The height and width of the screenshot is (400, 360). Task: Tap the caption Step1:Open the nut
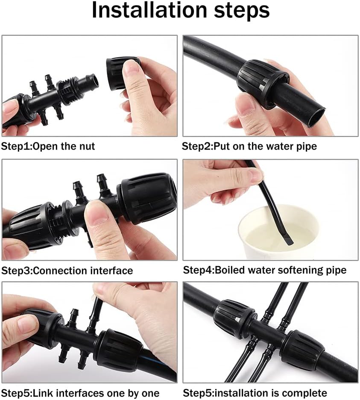(48, 147)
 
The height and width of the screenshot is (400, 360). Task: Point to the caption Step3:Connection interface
(67, 271)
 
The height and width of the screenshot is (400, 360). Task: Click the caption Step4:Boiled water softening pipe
(264, 270)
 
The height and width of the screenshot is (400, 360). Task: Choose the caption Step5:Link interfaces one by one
(81, 393)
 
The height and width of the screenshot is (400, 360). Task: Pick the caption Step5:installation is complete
(255, 393)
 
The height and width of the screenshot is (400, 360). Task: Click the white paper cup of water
(278, 233)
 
